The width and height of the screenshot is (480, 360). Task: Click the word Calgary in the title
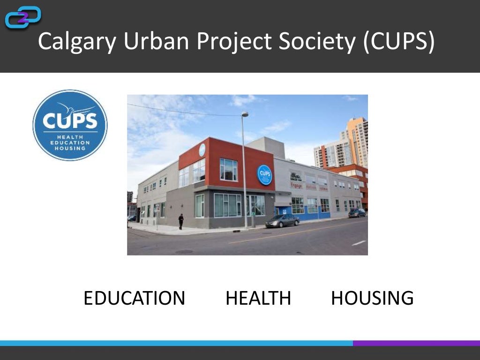[x=77, y=41]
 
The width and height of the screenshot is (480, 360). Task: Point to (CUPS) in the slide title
[x=398, y=41]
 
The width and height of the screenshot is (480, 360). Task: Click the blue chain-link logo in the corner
[x=22, y=17]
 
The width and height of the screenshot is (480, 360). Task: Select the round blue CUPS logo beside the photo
[x=70, y=125]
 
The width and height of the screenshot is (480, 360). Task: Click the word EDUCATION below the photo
[x=134, y=298]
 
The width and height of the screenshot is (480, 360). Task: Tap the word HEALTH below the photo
[x=258, y=298]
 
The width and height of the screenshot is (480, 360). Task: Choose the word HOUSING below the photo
[x=372, y=298]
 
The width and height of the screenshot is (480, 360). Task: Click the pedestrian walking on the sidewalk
[x=181, y=221]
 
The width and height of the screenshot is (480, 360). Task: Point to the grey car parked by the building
[x=282, y=221]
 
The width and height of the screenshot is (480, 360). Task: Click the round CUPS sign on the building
[x=265, y=175]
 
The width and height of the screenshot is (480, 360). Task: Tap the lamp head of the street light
[x=245, y=114]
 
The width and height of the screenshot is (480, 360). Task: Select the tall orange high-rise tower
[x=356, y=141]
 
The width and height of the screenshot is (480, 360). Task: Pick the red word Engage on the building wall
[x=296, y=186]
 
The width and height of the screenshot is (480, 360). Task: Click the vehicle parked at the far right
[x=357, y=213]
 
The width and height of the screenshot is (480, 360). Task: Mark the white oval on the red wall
[x=202, y=150]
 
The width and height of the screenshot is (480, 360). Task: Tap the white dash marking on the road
[x=359, y=243]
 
